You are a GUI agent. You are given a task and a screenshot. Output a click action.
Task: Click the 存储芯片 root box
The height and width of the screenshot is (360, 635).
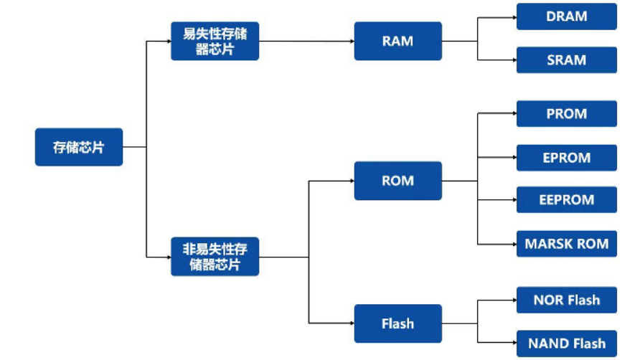tap(79, 147)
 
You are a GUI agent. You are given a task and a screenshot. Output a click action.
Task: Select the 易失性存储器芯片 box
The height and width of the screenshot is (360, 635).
tap(215, 41)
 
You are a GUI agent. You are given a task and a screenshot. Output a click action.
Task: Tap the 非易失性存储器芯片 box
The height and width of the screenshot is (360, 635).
tap(215, 257)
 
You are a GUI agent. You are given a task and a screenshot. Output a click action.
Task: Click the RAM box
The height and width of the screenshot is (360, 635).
tap(398, 41)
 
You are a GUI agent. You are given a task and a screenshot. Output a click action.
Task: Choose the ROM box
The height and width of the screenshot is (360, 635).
tap(398, 181)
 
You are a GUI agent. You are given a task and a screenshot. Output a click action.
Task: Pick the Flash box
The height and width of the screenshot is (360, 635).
tap(398, 323)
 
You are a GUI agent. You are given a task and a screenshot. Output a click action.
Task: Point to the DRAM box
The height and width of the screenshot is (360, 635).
tap(566, 16)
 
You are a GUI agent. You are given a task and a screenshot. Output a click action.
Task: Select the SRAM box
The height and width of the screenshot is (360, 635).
tap(566, 60)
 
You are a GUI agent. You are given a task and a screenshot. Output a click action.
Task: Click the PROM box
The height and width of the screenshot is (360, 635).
tap(566, 114)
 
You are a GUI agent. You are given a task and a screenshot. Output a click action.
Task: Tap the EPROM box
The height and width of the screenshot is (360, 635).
tap(566, 158)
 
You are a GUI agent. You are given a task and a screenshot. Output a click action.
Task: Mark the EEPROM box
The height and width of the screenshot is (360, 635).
tap(566, 200)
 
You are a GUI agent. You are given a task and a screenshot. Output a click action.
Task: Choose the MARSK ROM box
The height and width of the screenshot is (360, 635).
tap(566, 244)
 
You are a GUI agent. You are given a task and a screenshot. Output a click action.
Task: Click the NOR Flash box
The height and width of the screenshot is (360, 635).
tap(566, 300)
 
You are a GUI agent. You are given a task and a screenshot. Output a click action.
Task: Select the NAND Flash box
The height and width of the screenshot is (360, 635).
tap(566, 344)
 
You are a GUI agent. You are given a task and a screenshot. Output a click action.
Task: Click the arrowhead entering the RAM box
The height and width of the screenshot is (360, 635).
tap(351, 41)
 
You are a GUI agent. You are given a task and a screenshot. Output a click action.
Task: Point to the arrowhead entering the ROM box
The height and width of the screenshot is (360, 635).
tap(351, 181)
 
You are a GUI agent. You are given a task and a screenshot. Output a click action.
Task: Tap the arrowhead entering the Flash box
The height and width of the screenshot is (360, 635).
tap(351, 323)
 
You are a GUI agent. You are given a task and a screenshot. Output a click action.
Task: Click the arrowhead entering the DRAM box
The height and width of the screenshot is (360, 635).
tap(513, 16)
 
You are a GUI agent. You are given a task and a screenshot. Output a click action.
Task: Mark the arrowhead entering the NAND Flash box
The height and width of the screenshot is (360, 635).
tap(513, 344)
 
